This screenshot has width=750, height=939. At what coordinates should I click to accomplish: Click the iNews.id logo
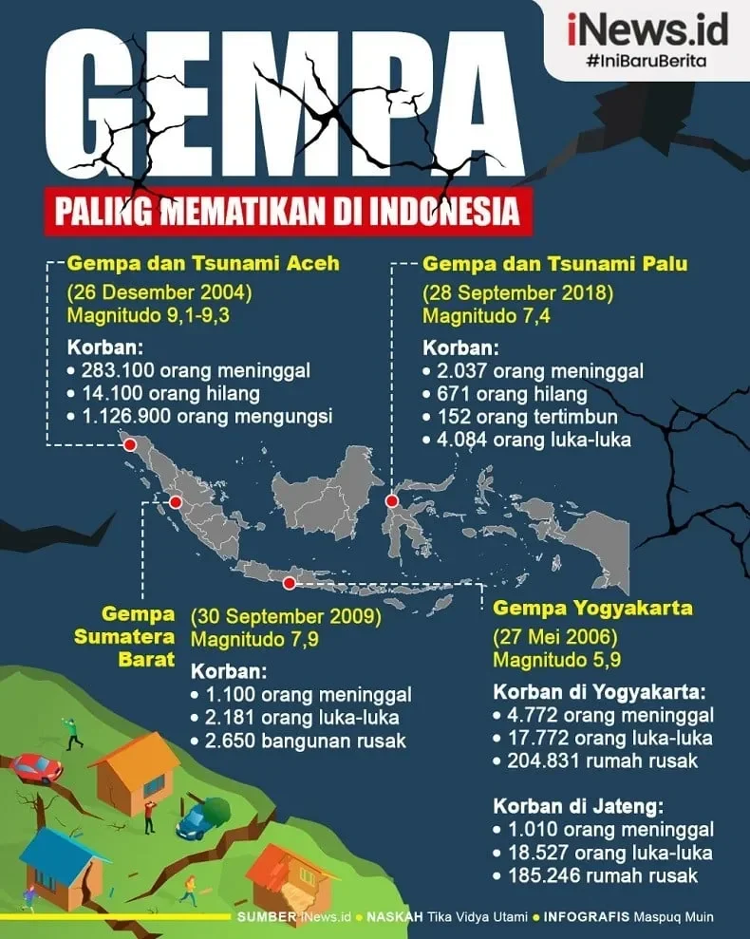(648, 29)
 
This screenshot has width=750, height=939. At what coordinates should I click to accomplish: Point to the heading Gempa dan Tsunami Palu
(555, 264)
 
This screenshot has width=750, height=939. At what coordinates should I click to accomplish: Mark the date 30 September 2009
(286, 617)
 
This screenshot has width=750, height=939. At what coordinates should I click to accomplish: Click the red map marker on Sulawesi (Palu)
(391, 501)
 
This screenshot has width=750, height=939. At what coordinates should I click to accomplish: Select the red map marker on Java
(290, 581)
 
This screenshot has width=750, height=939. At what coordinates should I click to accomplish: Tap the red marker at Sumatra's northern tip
(130, 444)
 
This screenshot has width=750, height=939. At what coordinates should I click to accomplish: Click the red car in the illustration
(36, 767)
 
